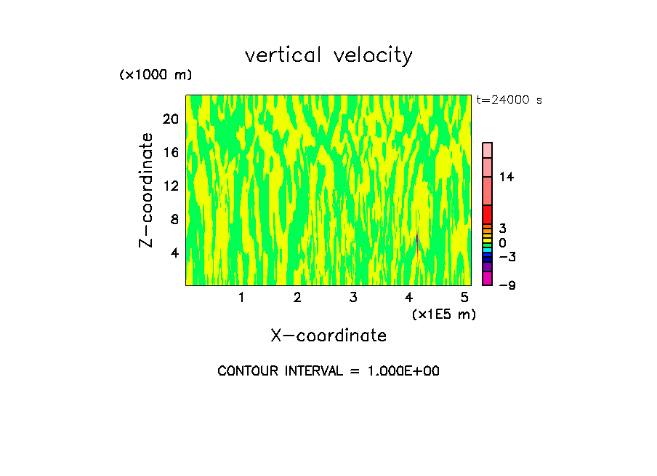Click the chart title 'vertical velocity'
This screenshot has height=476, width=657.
tap(328, 55)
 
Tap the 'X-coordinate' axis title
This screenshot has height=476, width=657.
tap(328, 336)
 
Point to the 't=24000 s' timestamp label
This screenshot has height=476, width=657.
tap(509, 100)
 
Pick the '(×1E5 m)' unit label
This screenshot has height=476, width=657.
tap(443, 314)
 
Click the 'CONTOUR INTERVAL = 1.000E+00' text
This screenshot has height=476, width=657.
tap(328, 371)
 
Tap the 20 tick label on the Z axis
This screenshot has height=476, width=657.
tap(170, 119)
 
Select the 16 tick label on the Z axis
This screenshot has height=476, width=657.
tap(170, 153)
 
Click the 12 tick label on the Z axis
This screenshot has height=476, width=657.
tap(170, 186)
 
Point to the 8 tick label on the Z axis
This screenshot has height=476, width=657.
tap(174, 220)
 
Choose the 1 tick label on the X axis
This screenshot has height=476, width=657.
tap(241, 297)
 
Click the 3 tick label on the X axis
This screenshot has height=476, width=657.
tap(353, 297)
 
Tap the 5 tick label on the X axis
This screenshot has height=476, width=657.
tap(464, 297)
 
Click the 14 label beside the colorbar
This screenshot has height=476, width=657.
tap(506, 177)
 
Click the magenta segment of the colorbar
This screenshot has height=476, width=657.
tap(488, 278)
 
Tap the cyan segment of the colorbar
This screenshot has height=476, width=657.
tap(488, 250)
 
